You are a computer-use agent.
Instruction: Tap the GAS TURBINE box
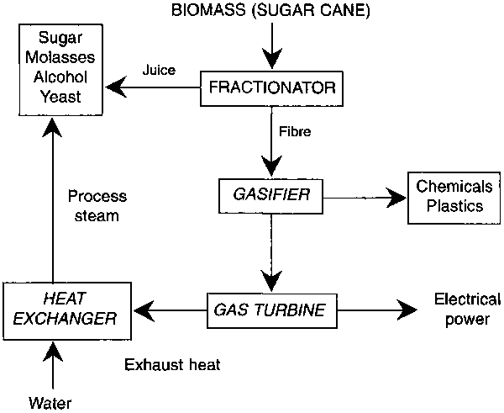click(x=265, y=309)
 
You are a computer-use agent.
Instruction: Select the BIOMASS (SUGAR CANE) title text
click(x=270, y=12)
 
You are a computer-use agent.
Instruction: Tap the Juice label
click(x=159, y=70)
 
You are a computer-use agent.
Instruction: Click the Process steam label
click(x=97, y=206)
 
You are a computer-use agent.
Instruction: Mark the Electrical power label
click(x=466, y=309)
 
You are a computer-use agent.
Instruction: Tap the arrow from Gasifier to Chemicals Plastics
click(x=361, y=199)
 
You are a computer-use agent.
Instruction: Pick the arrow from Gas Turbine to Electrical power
click(x=370, y=310)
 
